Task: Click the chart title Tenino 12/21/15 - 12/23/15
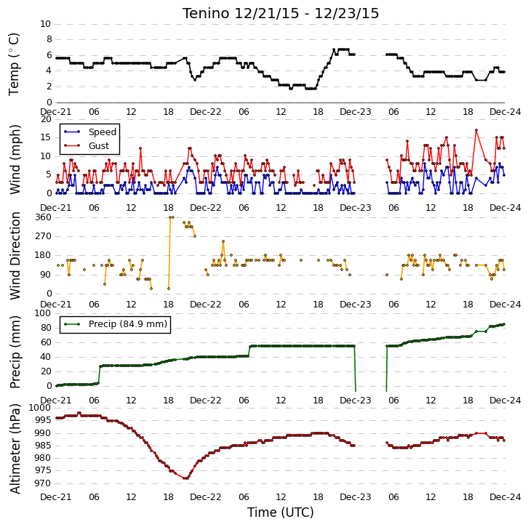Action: coord(281,14)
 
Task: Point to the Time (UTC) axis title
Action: coord(281,512)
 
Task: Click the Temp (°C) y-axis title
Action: coord(14,64)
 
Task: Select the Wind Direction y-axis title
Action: coord(15,256)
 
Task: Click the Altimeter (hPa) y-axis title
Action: coord(15,448)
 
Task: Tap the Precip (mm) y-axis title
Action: coord(15,352)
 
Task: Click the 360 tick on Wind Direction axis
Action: coord(44,217)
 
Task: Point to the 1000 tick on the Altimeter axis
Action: coord(41,408)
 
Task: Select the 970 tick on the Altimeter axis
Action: coord(44,483)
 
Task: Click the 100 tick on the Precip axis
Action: coord(44,313)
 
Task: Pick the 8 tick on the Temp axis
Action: coord(49,39)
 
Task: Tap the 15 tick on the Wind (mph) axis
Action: coord(46,137)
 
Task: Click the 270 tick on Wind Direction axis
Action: coord(44,236)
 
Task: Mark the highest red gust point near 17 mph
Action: coord(476,130)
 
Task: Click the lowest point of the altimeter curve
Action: coord(185,478)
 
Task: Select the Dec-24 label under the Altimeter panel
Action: coord(505,496)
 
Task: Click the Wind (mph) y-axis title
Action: coord(15,159)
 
